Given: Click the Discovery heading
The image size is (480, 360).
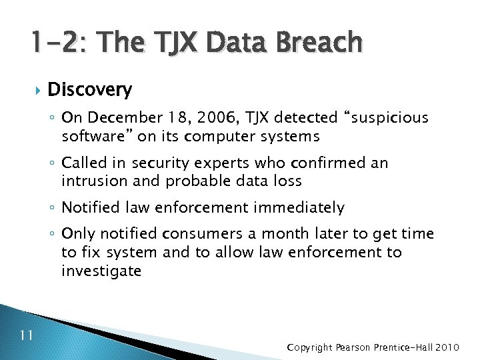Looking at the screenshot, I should pos(90,89).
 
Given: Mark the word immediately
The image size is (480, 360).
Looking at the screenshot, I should pos(300,208).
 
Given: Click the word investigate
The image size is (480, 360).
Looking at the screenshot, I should pos(101,271).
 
